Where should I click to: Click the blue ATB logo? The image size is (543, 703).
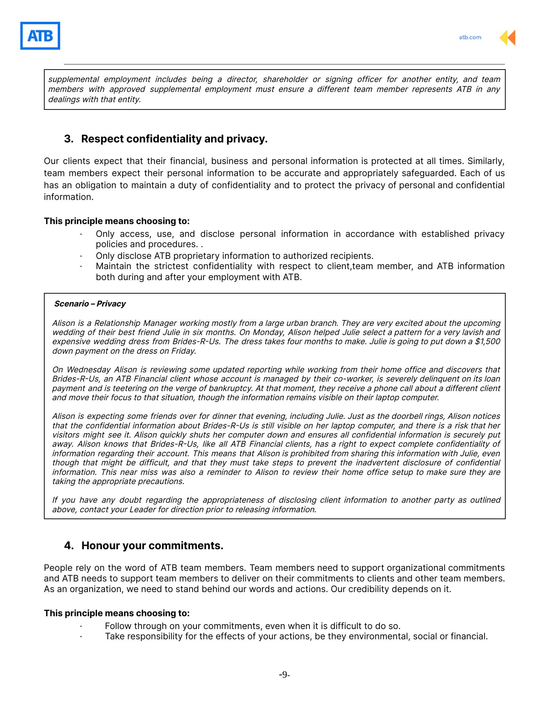(40, 36)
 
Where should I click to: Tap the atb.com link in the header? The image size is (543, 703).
(470, 37)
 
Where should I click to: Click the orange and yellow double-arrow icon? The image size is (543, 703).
(508, 38)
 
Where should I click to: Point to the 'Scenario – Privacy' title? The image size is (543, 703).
(90, 304)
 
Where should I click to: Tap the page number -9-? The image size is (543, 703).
(284, 675)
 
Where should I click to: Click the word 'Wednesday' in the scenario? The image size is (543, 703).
(89, 370)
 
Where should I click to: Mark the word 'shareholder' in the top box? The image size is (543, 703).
(285, 79)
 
